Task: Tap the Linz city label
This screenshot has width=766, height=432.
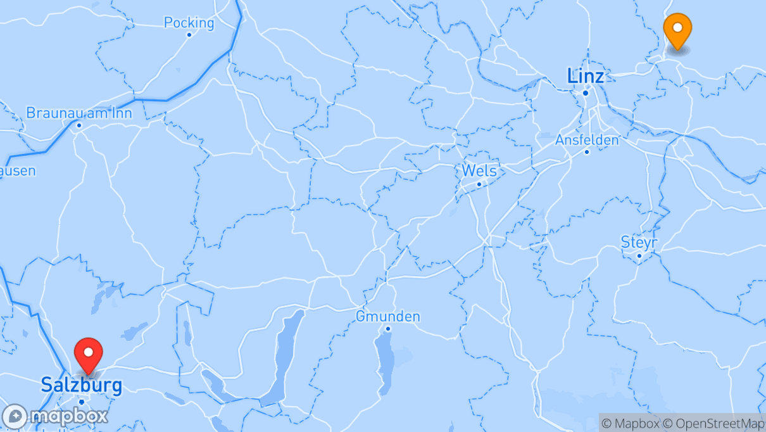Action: pos(586,77)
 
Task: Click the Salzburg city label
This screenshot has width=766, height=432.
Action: pos(81,385)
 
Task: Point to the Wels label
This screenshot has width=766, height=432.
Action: pos(479,170)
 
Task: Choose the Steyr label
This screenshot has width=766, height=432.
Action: pos(639,243)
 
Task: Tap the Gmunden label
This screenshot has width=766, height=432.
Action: pos(388,316)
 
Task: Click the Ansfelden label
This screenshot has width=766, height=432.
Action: pos(587,140)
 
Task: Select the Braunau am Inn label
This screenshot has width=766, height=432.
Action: pos(79,113)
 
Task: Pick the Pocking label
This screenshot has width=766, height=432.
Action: pos(189,23)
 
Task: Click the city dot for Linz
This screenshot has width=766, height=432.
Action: pos(586,93)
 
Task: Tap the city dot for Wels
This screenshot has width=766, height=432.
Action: pos(479,184)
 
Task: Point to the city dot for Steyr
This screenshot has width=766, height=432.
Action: pos(639,256)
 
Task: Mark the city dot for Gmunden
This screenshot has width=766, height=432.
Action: pos(388,328)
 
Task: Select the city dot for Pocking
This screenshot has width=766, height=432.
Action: pos(189,35)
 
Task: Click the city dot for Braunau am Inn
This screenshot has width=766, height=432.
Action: pos(79,125)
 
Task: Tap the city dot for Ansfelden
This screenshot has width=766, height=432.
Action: pos(587,151)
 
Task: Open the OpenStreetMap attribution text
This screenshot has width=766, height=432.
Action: pos(712,423)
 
